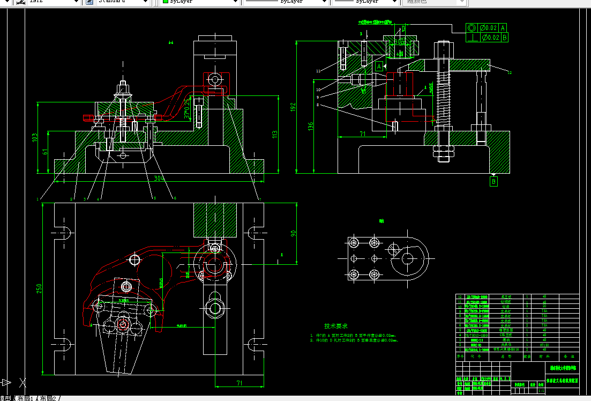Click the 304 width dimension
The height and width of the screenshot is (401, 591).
click(159, 178)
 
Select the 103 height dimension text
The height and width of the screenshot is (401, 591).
click(36, 138)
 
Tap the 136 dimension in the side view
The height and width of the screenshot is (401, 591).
click(310, 126)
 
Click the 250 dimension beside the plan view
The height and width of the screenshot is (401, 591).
click(39, 289)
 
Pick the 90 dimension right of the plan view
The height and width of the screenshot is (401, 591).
click(294, 234)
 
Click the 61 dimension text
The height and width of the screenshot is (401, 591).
click(45, 152)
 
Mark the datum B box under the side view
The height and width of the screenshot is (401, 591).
click(493, 182)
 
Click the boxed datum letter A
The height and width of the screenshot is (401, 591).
click(379, 66)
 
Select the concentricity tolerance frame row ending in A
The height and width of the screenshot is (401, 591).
click(487, 28)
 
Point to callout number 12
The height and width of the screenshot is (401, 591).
click(509, 72)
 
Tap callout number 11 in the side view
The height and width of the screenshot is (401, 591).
click(318, 71)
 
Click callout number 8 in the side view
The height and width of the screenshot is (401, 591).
click(318, 106)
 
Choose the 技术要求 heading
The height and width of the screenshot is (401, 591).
click(336, 326)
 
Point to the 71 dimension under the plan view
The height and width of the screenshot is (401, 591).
click(240, 383)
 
